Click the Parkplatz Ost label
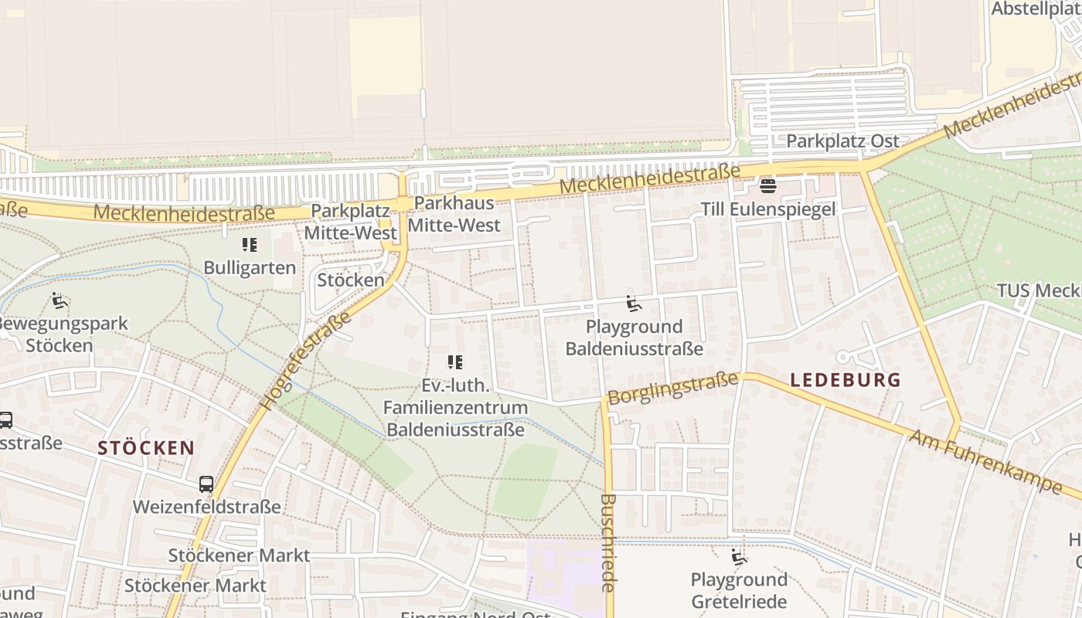point(842,141)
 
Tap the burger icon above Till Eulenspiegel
point(767,186)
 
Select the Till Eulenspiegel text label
point(768,209)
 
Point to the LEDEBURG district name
point(846,379)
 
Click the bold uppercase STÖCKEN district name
point(146,448)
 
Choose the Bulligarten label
point(250,268)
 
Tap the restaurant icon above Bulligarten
point(249,245)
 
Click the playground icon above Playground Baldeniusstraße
point(634,304)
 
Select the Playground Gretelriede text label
point(739,591)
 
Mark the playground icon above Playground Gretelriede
point(739,557)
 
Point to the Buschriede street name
point(608,543)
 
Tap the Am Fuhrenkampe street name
point(985,461)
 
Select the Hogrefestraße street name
point(307,360)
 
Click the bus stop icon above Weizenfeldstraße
point(206,484)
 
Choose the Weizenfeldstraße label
point(206,507)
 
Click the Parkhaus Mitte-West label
point(454,214)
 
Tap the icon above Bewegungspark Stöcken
point(60,301)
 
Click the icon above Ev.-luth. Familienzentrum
point(455,362)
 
